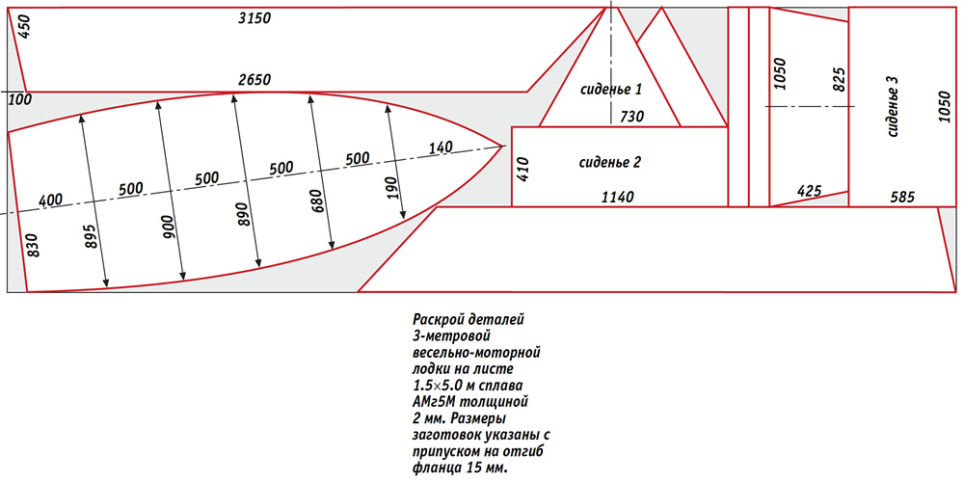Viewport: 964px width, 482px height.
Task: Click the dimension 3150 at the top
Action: coord(254,18)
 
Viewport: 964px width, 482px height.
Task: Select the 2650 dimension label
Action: coord(254,80)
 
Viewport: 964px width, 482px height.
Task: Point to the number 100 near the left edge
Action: coord(20,99)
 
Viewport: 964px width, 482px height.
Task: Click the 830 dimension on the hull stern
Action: coord(33,245)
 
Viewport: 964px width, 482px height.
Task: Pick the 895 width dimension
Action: coord(93,234)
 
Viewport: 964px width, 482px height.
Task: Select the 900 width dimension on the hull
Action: coord(170,228)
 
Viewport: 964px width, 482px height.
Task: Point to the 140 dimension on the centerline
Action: coord(441,147)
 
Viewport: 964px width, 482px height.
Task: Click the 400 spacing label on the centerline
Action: coord(50,201)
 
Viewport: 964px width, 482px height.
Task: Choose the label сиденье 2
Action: coord(610,163)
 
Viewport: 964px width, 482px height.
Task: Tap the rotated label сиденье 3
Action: coord(894,106)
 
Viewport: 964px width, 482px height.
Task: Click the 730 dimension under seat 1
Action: coord(631,117)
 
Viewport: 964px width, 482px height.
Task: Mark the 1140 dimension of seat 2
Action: coord(618,198)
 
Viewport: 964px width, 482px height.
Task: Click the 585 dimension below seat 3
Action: coord(902,198)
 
